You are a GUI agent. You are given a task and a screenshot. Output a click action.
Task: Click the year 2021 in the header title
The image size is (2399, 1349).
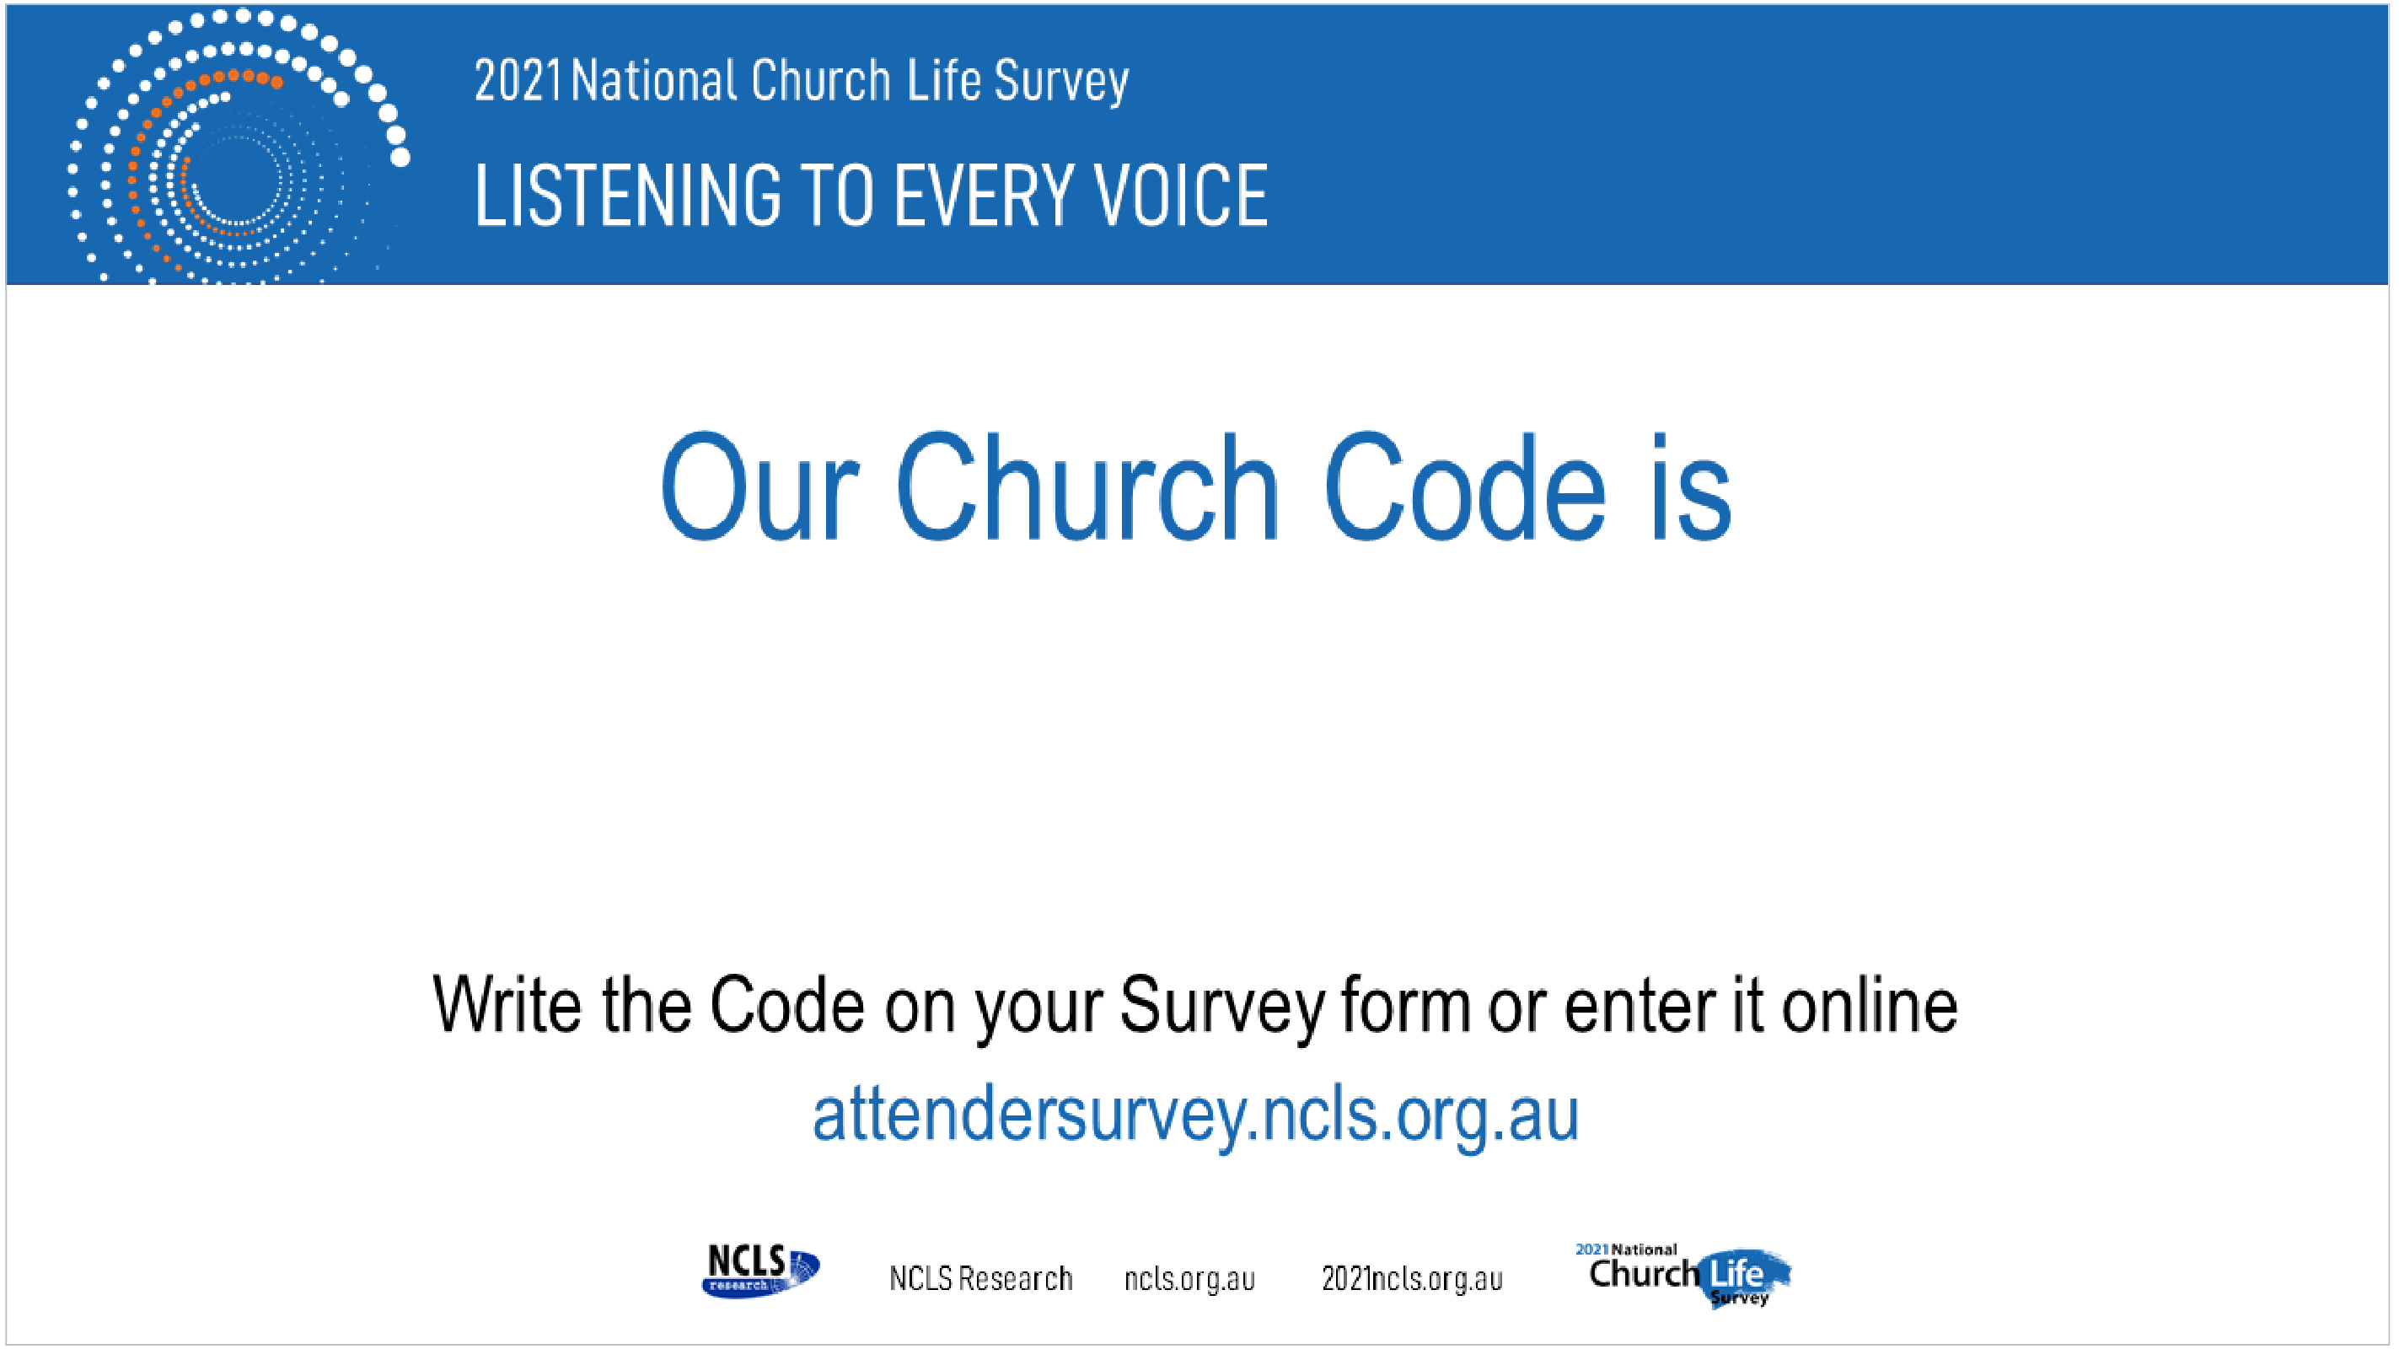pos(518,81)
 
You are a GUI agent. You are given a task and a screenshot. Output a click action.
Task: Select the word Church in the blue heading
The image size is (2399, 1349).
pos(1087,487)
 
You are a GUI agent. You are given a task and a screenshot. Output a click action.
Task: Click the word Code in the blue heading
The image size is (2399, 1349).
pos(1465,487)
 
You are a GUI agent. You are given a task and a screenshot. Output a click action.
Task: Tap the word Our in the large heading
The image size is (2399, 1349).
pos(759,487)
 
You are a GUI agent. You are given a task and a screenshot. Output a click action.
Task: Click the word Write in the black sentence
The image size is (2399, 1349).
pos(507,1004)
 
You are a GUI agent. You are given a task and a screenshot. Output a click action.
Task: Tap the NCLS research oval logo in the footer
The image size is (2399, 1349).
pos(761,1271)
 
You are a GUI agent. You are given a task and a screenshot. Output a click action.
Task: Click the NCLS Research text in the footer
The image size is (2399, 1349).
pos(980,1278)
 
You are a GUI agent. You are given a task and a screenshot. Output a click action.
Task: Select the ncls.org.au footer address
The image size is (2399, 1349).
pos(1189,1279)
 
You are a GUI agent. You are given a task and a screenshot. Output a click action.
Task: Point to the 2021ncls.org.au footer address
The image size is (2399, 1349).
pos(1412,1279)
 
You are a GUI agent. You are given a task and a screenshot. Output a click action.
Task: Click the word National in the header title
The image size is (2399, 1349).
pos(654,81)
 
